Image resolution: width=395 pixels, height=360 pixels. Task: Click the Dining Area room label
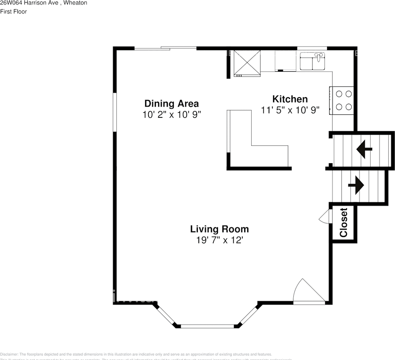point(171,103)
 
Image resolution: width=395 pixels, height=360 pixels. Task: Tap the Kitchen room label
point(290,99)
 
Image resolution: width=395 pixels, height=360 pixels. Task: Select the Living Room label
point(219,229)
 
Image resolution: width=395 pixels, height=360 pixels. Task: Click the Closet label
point(343,223)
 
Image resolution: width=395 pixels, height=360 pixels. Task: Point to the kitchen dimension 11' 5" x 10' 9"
point(290,110)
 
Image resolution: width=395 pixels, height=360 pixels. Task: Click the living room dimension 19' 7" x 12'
point(219,240)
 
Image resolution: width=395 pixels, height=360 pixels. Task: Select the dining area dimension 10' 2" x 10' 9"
point(171,115)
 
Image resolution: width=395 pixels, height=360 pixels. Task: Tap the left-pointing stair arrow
point(363,149)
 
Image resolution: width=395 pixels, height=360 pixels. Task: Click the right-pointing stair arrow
point(356,185)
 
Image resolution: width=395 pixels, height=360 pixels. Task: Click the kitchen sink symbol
point(313,61)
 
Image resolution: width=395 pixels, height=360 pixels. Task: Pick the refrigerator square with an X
point(247,62)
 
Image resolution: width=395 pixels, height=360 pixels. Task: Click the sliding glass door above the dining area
point(165,48)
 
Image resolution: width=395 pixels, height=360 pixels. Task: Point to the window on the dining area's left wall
point(115,112)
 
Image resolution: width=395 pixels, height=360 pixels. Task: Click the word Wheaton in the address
point(77,3)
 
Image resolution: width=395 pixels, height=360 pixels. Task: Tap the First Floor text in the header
point(14,12)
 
